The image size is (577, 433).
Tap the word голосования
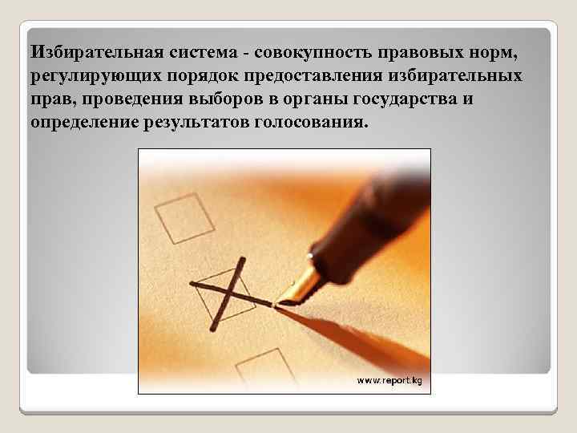pos(318,124)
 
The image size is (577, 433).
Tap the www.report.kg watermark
pos(389,379)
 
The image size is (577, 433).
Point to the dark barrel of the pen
pos(377,216)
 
